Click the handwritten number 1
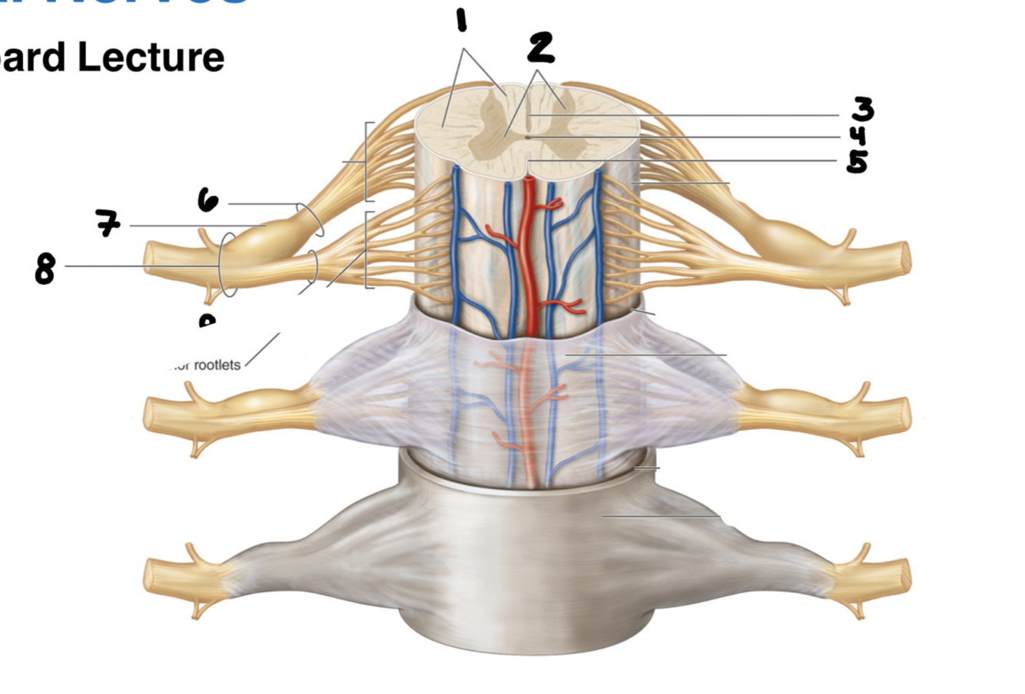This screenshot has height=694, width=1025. point(461,19)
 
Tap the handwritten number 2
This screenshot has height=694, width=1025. point(541,48)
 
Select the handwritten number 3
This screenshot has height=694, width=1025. point(861,111)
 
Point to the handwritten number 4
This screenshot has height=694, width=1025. point(858,137)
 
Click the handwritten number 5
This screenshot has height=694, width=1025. point(857,161)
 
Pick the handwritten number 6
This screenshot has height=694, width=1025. point(207,201)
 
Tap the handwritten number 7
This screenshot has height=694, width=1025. point(108,223)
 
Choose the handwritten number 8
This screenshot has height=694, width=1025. point(45,269)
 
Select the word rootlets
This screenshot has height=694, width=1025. point(217,365)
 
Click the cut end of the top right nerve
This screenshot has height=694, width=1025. point(906,256)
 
